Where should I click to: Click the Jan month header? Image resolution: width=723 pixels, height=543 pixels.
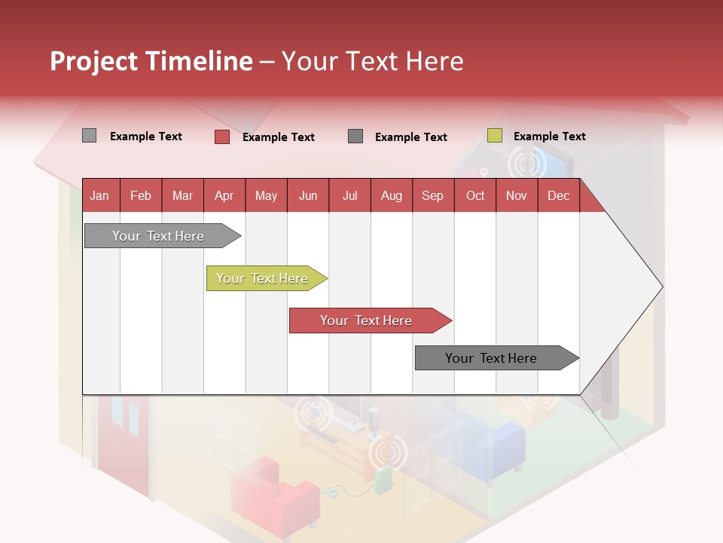coord(100,195)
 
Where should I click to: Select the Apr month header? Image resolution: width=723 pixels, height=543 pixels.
coord(224,195)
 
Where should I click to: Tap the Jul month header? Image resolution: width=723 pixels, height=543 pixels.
coord(349,195)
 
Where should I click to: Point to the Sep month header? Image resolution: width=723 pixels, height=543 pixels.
coord(432,195)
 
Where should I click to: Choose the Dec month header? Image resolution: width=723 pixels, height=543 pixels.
coord(558,195)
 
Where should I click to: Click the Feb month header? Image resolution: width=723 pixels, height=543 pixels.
coord(141,195)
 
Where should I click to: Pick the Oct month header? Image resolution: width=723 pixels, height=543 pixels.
coord(475,195)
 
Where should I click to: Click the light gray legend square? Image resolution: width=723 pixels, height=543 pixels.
coord(89,136)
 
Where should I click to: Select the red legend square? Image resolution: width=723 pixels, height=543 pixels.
coord(221,137)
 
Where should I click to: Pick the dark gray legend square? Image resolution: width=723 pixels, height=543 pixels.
coord(355,136)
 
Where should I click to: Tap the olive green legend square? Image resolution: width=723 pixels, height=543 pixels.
coord(494,136)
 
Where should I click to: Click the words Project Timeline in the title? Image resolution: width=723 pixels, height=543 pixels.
coord(151,61)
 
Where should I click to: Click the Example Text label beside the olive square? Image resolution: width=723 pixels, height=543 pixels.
coord(549,137)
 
